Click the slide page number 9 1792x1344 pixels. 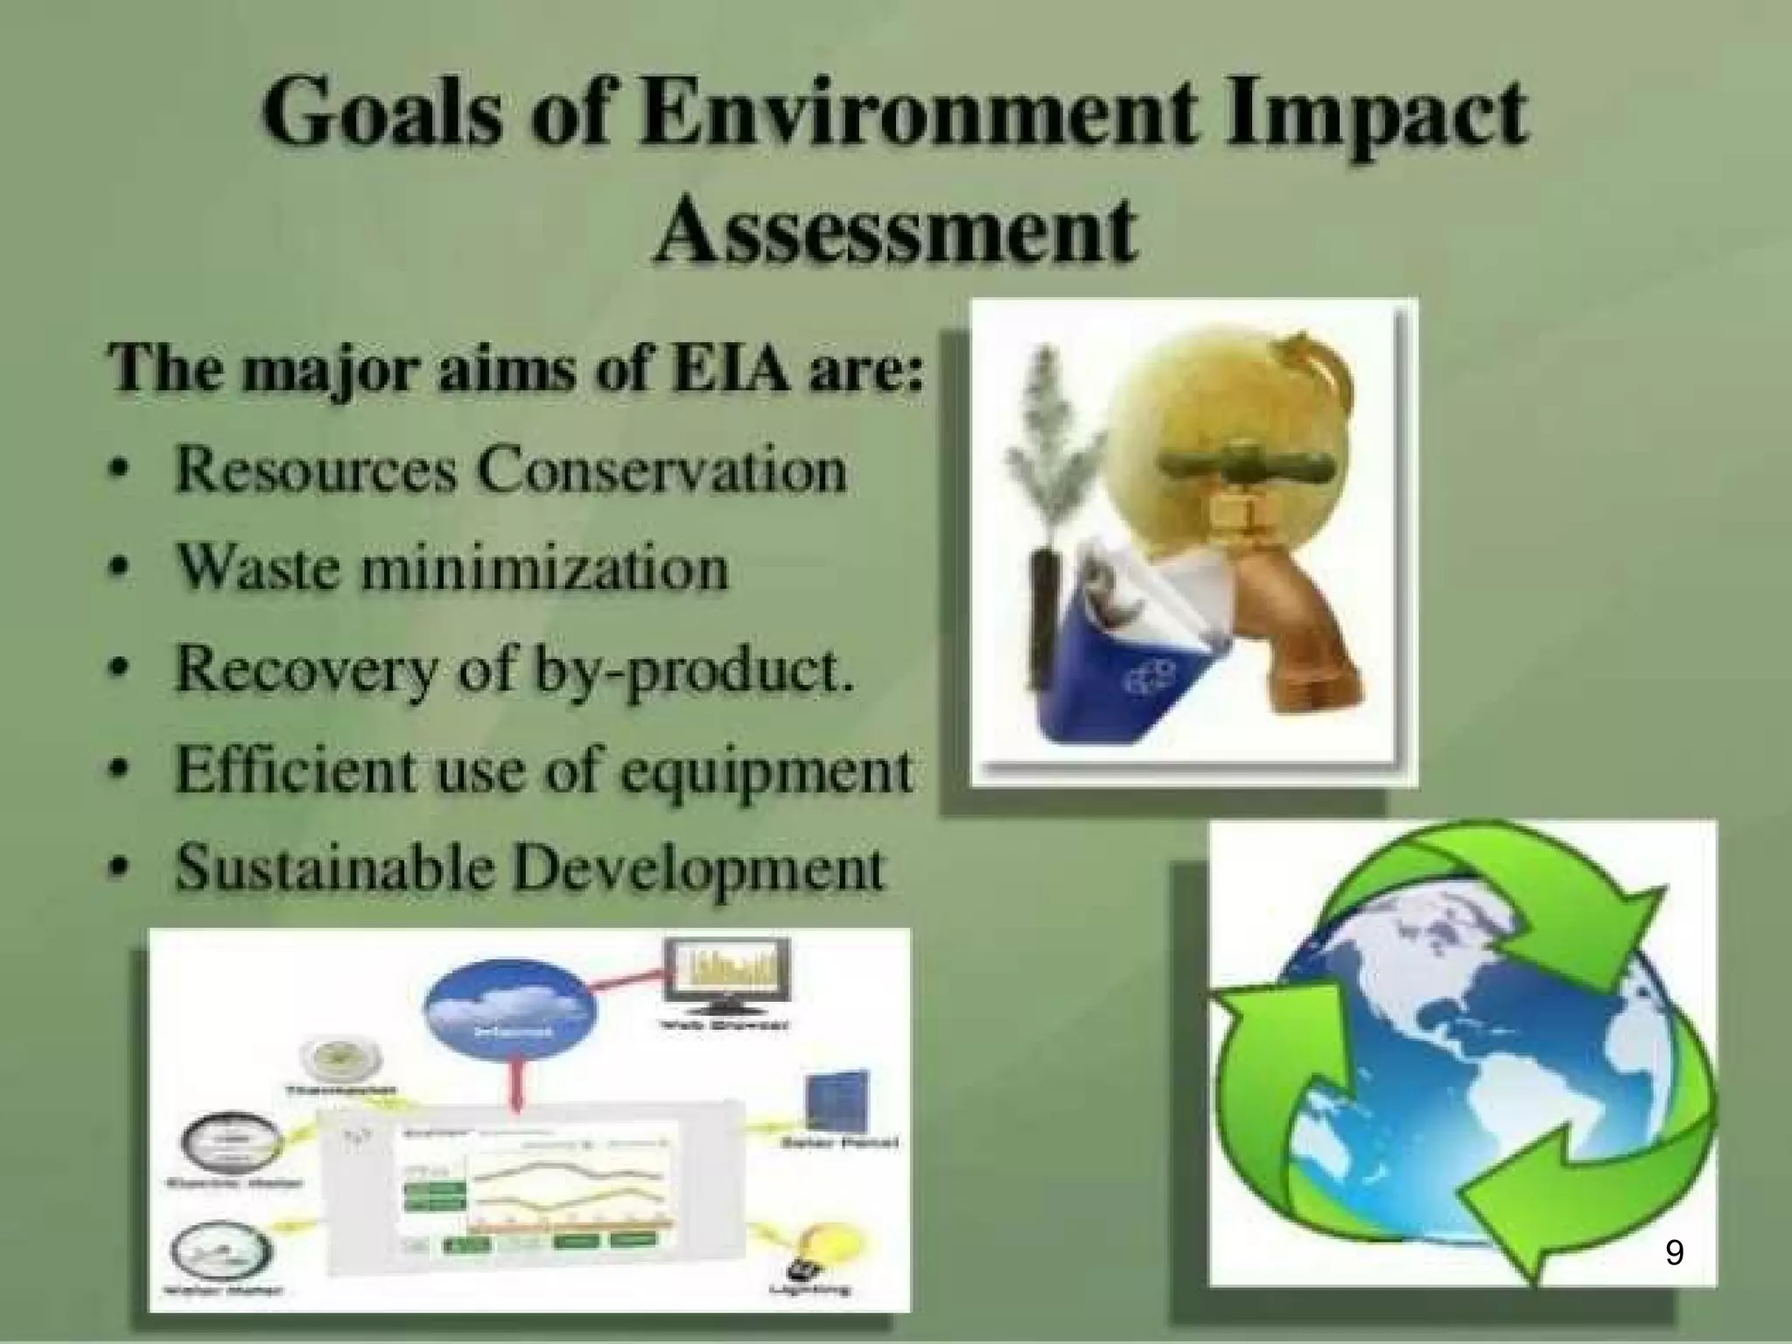point(1674,1253)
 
